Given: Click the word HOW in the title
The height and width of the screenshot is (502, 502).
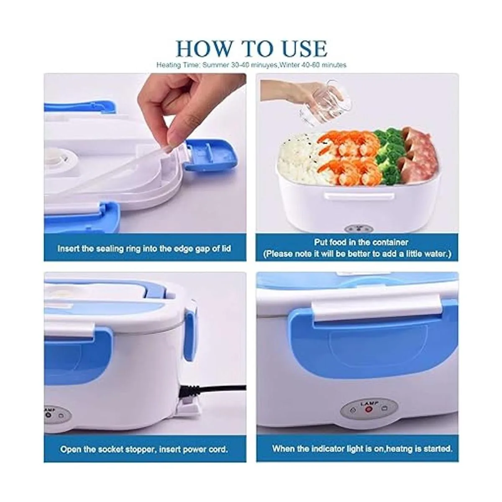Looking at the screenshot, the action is click(204, 49).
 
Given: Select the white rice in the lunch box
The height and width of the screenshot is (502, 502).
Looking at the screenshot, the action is click(298, 159).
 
